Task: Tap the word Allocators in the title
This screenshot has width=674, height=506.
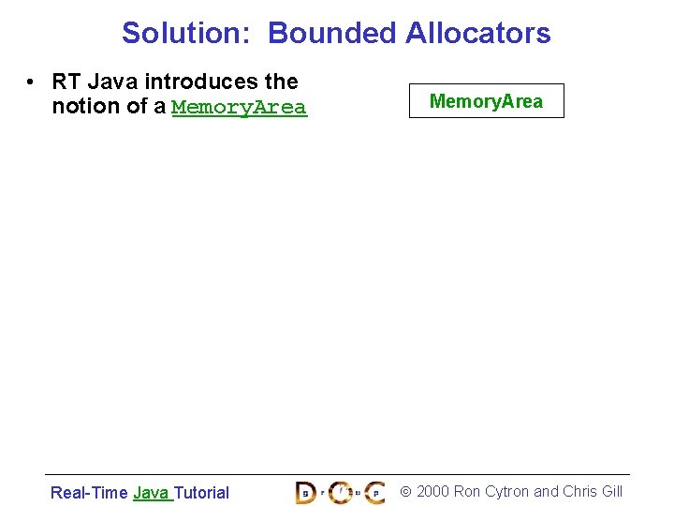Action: (x=477, y=33)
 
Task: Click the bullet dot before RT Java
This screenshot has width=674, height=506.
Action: (x=32, y=82)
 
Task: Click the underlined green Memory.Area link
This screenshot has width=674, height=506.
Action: (x=239, y=107)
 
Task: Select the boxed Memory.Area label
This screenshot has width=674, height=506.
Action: (x=486, y=101)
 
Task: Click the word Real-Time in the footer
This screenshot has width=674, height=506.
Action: (x=89, y=492)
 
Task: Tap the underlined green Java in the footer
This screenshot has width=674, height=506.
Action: (x=151, y=492)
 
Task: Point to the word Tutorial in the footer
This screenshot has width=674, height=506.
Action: (x=201, y=492)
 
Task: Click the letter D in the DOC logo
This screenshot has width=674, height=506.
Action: (x=306, y=492)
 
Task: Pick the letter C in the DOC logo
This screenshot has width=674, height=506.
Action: (x=374, y=492)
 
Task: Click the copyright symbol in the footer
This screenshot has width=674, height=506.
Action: (x=405, y=492)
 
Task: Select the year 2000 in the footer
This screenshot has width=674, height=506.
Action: (x=432, y=492)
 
